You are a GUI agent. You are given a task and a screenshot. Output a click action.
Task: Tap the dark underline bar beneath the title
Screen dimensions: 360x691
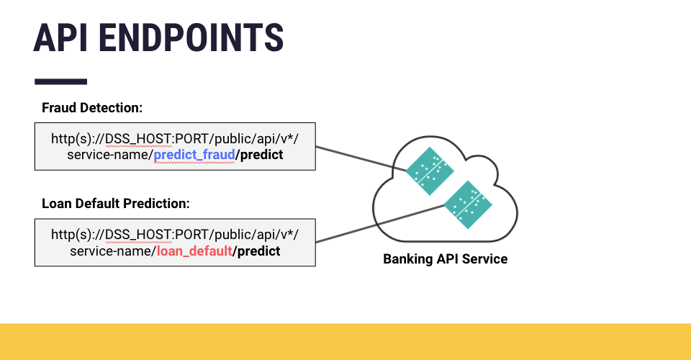[60, 82]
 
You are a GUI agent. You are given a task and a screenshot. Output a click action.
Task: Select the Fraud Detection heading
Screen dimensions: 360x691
[92, 108]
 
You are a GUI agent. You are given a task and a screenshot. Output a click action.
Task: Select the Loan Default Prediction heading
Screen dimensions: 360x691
[115, 204]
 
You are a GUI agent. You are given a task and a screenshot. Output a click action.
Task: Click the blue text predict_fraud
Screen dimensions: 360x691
[194, 155]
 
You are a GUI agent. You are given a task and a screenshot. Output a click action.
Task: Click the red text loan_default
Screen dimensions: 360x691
[194, 251]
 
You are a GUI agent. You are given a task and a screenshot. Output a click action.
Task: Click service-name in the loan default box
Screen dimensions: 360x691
[112, 251]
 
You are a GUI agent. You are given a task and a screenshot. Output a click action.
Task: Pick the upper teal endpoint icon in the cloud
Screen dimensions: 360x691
[429, 171]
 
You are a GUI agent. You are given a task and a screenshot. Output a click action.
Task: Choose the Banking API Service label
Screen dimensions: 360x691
[445, 259]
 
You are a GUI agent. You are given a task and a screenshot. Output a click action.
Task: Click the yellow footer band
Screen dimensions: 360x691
[345, 341]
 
